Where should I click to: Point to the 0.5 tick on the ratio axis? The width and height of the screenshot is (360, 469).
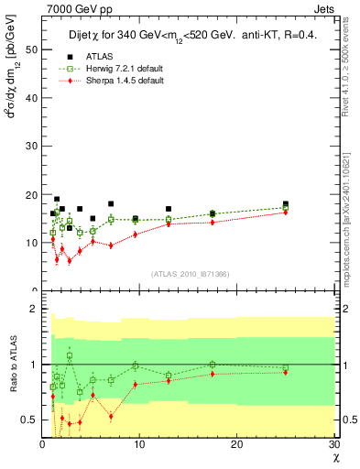[29, 420]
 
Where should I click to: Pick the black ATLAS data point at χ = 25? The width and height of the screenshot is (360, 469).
[286, 203]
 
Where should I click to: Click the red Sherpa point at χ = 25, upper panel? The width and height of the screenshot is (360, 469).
[286, 213]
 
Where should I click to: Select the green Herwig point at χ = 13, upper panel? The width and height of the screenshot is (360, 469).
[169, 219]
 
